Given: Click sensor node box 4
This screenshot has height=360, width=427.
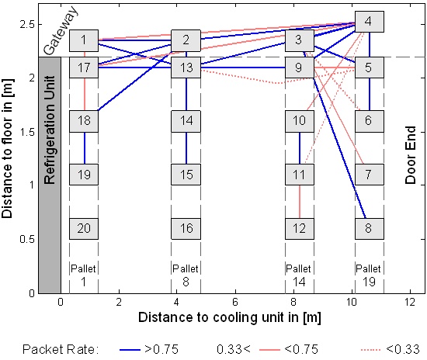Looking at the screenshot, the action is coord(370,22).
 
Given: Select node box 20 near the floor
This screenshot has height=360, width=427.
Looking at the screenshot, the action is coord(84,229).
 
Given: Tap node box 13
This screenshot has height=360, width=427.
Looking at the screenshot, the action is coord(186,67).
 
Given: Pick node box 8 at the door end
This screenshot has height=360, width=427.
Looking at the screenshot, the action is coord(370,229).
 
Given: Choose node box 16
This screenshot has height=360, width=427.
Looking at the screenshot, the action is coord(186,229).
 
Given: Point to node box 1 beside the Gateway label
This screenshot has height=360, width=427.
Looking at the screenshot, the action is coord(84,40).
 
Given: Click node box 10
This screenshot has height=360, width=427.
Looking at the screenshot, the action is coord(300,121).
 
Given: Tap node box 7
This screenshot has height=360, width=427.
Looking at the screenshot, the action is coord(370,175).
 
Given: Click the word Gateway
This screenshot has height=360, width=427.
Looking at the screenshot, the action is coord(61,30).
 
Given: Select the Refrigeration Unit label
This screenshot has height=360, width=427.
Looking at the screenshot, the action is coord(50,130).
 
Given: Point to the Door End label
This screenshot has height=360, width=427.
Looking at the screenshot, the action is coord(411,155).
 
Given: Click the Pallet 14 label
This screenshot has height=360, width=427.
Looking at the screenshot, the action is coord(299,275).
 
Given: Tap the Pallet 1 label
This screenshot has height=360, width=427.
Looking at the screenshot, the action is coord(83,275).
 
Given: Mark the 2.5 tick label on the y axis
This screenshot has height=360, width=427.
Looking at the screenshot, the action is coord(27,25).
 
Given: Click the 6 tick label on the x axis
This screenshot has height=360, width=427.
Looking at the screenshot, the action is coord(235,302).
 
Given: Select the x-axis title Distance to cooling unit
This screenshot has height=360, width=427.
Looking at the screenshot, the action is coord(230,317).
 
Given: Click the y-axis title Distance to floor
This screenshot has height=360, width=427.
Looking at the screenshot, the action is coord(7,148).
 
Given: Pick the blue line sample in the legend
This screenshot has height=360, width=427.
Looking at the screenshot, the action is coord(130,350).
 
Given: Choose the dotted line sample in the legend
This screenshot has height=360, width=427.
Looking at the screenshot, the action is coord(370,350).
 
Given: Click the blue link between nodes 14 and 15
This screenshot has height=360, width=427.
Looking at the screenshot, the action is coord(186,148).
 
